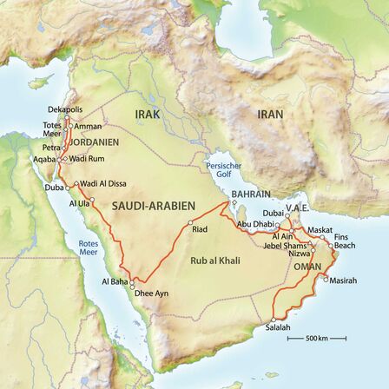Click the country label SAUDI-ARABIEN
(x=154, y=206)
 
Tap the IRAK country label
(x=148, y=114)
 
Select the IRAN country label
(x=270, y=114)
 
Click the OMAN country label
(x=307, y=267)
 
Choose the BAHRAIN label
(x=251, y=194)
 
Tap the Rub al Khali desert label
(x=215, y=260)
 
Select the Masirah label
(x=344, y=280)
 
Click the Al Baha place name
(x=115, y=281)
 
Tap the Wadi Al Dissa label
(x=104, y=183)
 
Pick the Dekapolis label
(x=64, y=110)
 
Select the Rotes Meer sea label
(x=89, y=247)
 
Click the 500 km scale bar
(x=316, y=337)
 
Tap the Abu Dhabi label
(x=254, y=223)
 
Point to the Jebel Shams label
(x=285, y=245)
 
